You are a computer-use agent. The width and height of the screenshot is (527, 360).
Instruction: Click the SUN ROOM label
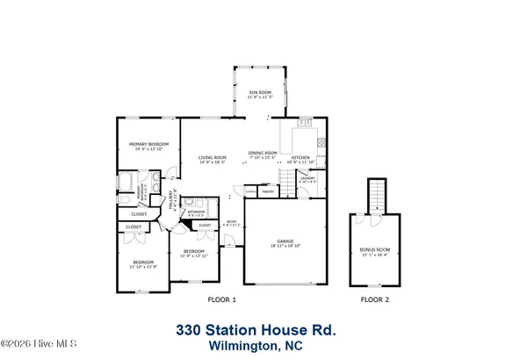[x=258, y=92]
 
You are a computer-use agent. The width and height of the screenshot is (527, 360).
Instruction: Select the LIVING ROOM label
[x=213, y=157]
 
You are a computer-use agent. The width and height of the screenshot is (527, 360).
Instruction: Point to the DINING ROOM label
[x=263, y=153]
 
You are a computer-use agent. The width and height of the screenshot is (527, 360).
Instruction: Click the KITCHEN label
[x=301, y=157]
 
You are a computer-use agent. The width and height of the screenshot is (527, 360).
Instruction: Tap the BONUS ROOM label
[x=375, y=249]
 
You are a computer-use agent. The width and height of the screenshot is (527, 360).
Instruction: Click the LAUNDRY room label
[x=307, y=178]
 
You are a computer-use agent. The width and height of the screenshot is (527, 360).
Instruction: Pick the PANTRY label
[x=270, y=191]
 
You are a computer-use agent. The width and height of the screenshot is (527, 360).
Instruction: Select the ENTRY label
[x=232, y=221]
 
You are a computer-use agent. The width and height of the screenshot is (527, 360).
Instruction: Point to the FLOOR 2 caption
[x=375, y=300]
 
